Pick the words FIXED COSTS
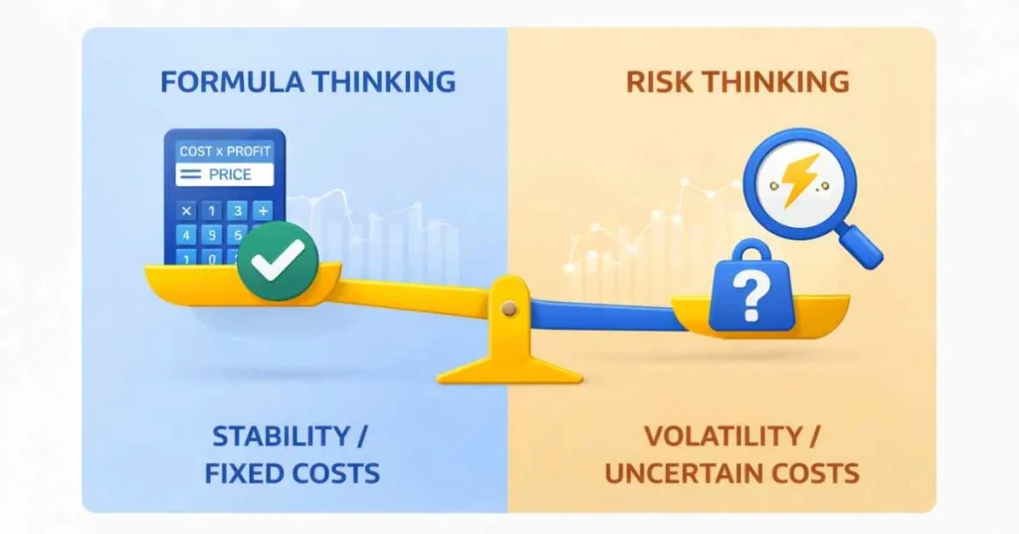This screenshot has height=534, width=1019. tap(293, 472)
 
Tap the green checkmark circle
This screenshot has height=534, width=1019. tap(277, 261)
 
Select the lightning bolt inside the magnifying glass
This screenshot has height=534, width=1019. tap(800, 180)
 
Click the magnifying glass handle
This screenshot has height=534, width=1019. tap(862, 245)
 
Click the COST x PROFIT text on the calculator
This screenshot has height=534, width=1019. tap(223, 151)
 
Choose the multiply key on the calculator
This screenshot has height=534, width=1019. tap(186, 210)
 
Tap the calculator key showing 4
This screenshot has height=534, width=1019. tap(186, 235)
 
